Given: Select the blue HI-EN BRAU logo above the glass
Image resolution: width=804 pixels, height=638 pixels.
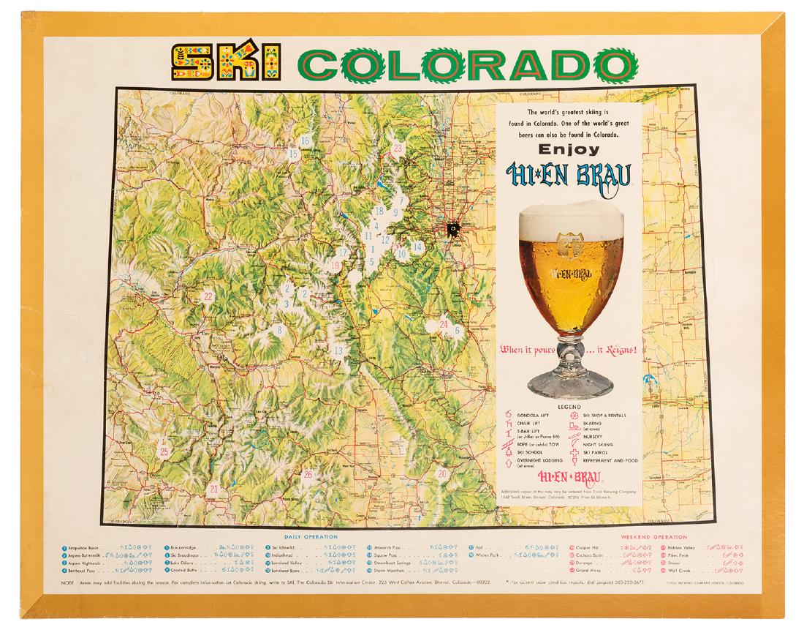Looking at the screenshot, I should click(x=568, y=175).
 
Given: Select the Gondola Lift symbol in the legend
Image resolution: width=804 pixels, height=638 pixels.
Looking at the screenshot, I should click(x=509, y=415).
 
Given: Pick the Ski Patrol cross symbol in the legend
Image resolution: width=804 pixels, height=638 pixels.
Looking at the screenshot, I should click(x=575, y=453).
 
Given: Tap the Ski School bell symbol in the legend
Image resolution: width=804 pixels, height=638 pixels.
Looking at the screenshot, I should click(x=509, y=453).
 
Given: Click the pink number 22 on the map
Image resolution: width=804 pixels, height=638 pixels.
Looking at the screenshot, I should click(x=208, y=296).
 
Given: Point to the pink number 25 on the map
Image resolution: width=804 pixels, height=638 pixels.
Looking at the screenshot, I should click(x=164, y=451).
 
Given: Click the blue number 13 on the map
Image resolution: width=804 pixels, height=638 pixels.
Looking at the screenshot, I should click(x=338, y=350).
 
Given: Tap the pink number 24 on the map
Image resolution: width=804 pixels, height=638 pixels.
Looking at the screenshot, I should click(x=444, y=323).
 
